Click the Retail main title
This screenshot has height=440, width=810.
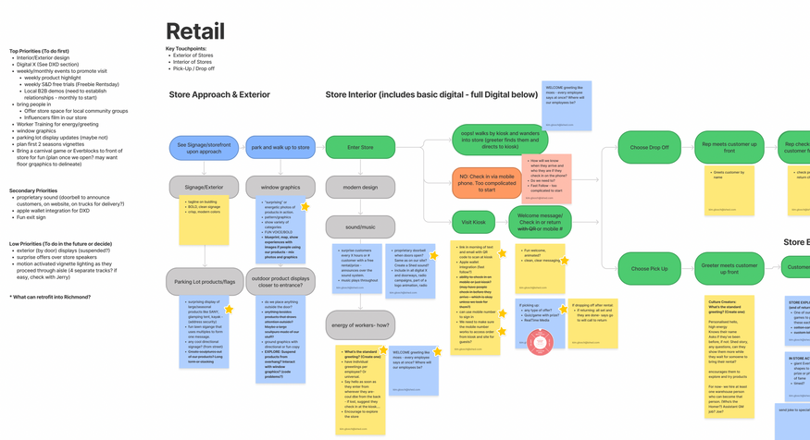click(194, 31)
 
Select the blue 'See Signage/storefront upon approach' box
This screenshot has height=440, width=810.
click(204, 148)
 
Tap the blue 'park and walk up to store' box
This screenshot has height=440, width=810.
click(280, 148)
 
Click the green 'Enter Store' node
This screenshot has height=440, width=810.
click(360, 148)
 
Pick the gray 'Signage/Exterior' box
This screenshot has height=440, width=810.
click(204, 187)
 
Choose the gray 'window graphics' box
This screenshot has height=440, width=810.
click(280, 187)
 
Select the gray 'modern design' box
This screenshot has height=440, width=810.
click(360, 187)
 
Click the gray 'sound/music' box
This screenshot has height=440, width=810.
click(360, 226)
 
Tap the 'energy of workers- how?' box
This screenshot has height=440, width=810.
click(360, 324)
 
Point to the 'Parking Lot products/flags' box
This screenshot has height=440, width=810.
click(204, 281)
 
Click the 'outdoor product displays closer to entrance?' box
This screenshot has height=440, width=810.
click(280, 281)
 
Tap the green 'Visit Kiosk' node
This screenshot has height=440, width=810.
click(473, 222)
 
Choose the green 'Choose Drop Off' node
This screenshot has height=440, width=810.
click(649, 148)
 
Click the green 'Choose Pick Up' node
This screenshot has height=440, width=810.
click(649, 269)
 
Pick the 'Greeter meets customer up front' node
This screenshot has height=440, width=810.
click(729, 269)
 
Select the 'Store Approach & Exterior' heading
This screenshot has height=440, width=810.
click(219, 94)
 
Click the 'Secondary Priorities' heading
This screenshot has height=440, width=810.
click(34, 190)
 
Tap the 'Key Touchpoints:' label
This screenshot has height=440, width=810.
click(186, 48)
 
